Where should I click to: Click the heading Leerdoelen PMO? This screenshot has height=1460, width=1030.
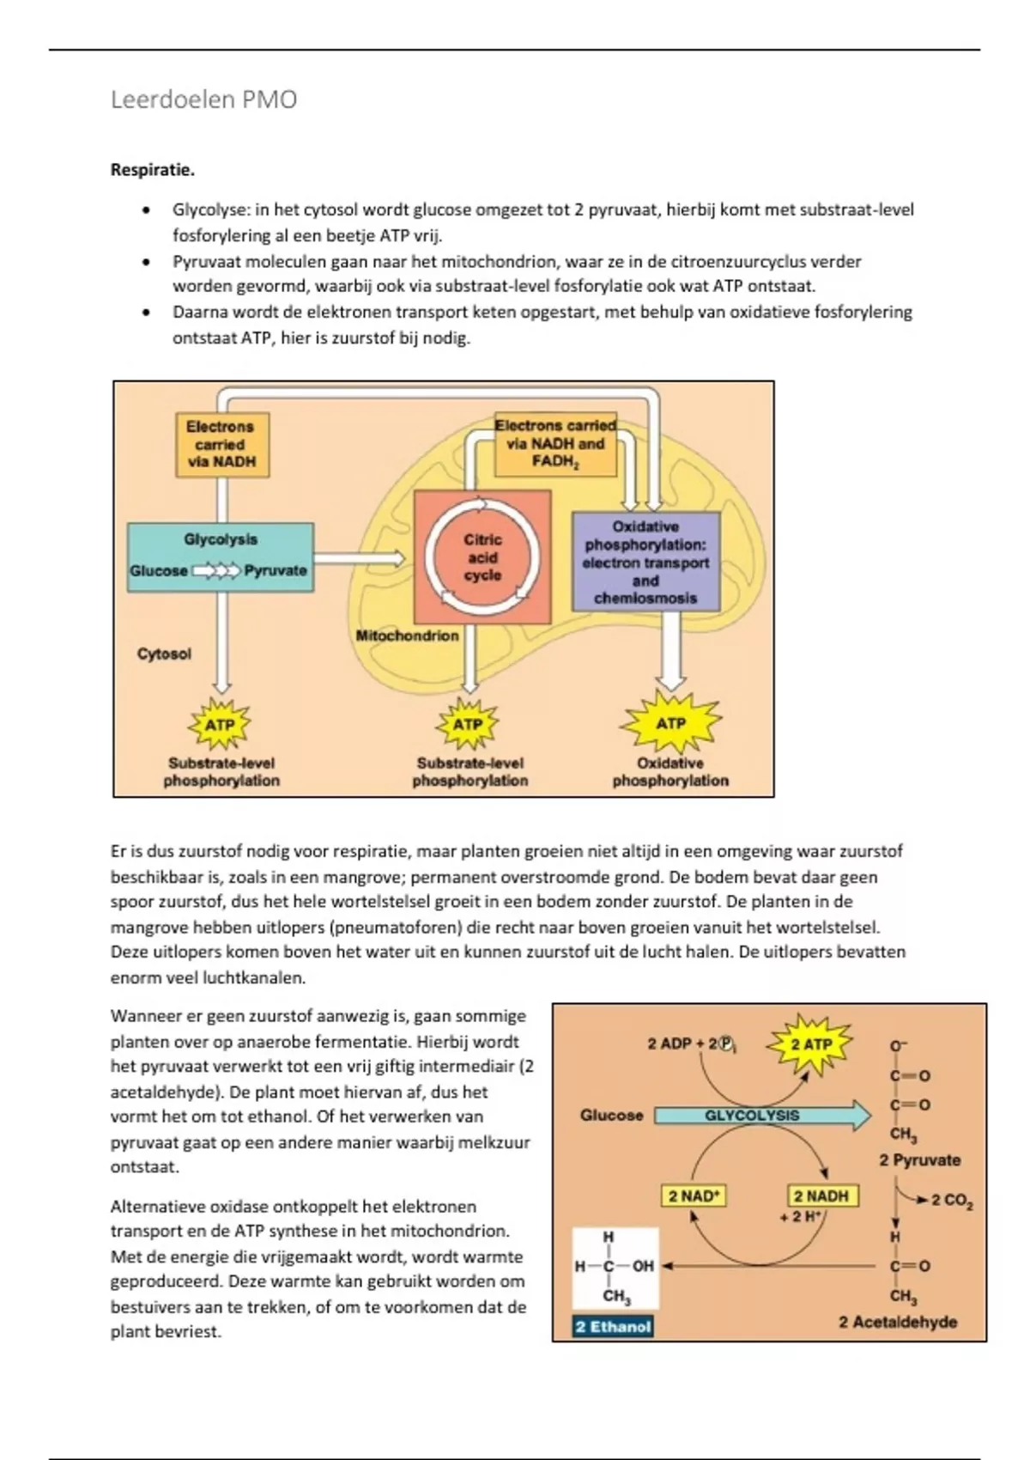point(203,100)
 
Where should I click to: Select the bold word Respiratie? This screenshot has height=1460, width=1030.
point(153,170)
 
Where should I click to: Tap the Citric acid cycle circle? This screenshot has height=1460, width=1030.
point(482,557)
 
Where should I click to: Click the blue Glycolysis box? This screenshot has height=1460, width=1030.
point(221,557)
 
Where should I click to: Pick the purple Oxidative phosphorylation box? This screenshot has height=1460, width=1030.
point(645,562)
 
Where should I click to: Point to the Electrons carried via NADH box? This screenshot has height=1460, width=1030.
point(221,444)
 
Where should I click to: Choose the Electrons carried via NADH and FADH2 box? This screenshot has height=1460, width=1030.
point(556,444)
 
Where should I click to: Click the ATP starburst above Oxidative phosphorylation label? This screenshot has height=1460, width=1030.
point(670,723)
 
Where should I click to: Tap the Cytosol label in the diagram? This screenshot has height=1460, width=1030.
point(164,654)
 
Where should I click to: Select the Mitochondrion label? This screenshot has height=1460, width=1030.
point(407,636)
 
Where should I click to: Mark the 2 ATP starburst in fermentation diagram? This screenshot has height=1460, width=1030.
point(811,1044)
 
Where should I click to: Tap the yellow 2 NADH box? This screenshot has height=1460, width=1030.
point(821,1195)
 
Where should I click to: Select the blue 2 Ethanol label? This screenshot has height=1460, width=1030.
point(613,1327)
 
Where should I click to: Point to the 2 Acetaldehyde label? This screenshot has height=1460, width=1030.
point(898,1322)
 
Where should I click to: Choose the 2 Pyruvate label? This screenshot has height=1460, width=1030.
point(919,1160)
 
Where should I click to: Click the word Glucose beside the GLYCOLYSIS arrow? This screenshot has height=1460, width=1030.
point(611,1116)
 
